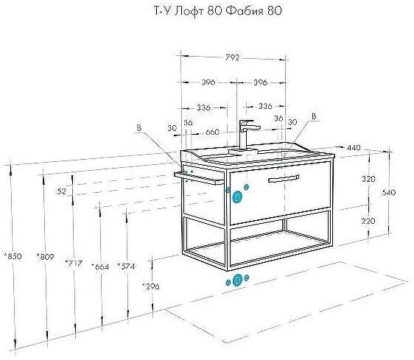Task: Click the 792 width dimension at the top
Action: coord(232,57)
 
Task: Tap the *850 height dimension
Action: coord(13,256)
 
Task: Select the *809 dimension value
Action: coord(45,256)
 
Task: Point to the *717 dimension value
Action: coord(74,264)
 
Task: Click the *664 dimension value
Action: coord(100,267)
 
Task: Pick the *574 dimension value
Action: coord(126,267)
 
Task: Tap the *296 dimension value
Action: coord(150,286)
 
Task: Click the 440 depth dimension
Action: coord(354,148)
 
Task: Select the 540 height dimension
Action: coord(389,193)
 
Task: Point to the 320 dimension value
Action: coord(368,179)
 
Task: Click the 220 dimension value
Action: coord(368,221)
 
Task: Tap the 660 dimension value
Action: coord(212,132)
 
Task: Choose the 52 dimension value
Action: coord(62,191)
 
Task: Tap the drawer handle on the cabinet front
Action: coord(284,179)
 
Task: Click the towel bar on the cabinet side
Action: coord(199,178)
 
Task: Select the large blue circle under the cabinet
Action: coord(238,280)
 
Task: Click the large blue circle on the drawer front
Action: coord(237,197)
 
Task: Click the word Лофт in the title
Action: coord(190,11)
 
